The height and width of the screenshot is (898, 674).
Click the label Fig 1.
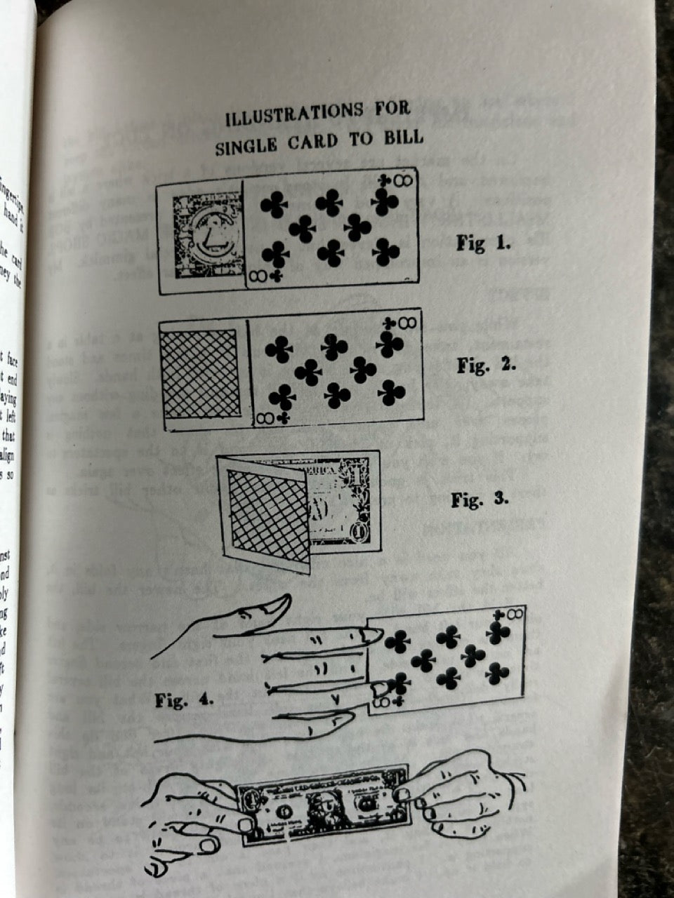tap(483, 243)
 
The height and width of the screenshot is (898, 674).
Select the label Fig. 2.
tap(486, 366)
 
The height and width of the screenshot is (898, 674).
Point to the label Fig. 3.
tap(480, 500)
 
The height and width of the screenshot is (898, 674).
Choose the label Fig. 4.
tap(184, 699)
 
